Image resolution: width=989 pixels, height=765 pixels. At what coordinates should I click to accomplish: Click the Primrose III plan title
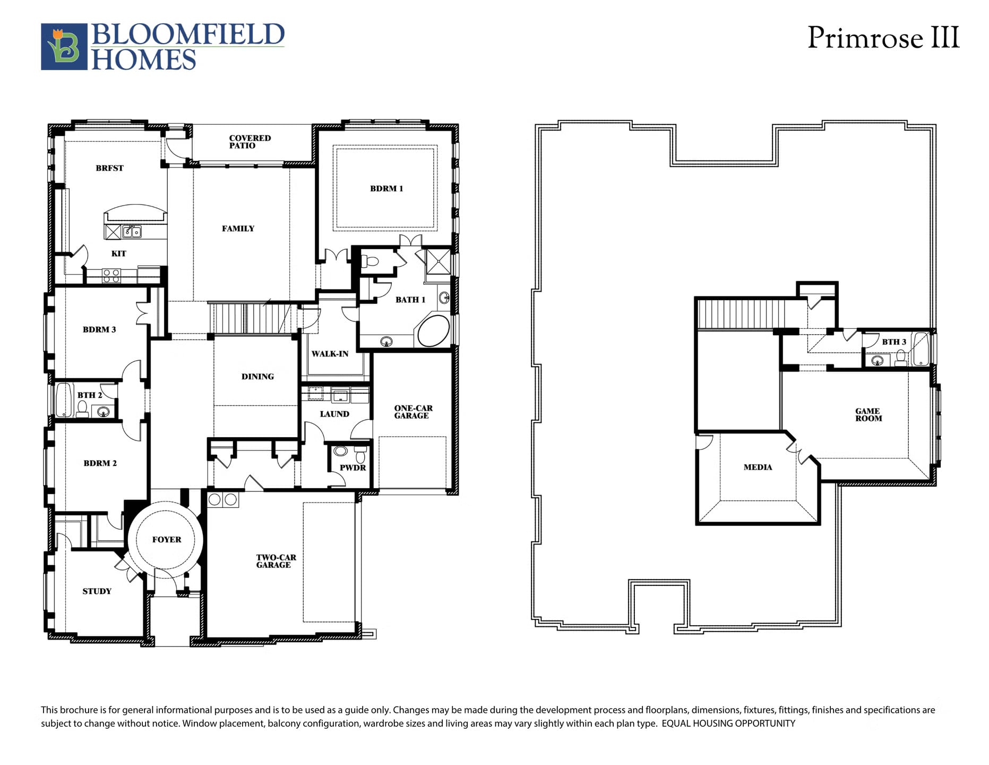(883, 38)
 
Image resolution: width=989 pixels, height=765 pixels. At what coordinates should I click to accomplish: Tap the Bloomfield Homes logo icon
(64, 47)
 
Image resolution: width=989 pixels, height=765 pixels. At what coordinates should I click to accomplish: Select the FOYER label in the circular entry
(167, 540)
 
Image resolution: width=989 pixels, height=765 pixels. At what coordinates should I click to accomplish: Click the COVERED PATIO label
(250, 142)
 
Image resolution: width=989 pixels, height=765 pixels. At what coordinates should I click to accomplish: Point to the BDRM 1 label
(386, 189)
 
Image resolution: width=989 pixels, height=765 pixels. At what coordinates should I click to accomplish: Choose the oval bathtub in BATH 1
(434, 331)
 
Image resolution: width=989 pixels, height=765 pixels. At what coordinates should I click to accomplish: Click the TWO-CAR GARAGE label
(276, 561)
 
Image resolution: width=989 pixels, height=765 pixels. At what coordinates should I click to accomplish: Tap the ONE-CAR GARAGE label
(413, 412)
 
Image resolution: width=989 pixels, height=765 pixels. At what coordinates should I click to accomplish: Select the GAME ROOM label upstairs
(868, 415)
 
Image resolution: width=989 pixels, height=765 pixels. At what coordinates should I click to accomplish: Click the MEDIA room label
(758, 467)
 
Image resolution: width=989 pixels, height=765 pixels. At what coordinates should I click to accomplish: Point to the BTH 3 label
(894, 342)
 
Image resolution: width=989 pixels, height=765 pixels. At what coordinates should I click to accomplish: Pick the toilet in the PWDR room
(360, 454)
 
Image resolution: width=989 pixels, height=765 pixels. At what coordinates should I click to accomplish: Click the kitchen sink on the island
(132, 232)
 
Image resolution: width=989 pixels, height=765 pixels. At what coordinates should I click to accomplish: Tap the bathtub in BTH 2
(64, 399)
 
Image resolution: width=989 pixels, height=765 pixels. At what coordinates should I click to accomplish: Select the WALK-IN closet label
(330, 354)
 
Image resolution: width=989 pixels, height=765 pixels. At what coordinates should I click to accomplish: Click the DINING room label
(257, 377)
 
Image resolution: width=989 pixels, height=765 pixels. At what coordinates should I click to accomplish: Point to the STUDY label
(97, 591)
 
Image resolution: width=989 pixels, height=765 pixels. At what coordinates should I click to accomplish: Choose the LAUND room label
(334, 414)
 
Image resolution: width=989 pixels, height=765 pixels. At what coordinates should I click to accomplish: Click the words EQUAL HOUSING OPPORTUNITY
(728, 724)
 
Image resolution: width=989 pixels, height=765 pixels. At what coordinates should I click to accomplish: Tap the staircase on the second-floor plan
(741, 314)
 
